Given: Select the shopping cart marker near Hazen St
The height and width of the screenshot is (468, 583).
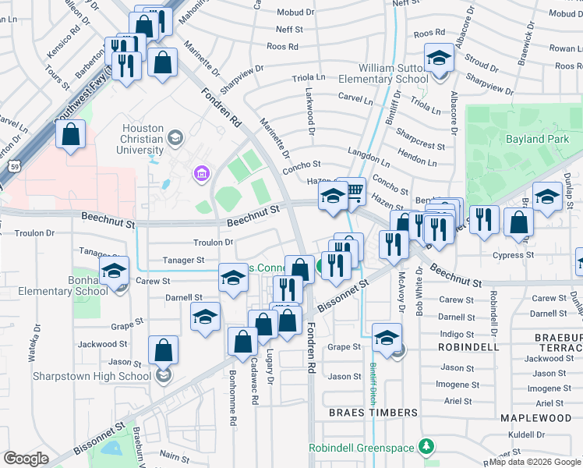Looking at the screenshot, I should pyautogui.click(x=354, y=190).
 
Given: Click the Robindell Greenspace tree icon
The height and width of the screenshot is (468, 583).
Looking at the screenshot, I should pyautogui.click(x=426, y=447).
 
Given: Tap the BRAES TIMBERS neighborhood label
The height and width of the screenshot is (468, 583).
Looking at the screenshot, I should pyautogui.click(x=373, y=412).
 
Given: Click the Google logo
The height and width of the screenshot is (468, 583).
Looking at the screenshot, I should pyautogui.click(x=26, y=459).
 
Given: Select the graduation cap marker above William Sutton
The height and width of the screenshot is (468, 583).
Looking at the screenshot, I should pyautogui.click(x=439, y=58).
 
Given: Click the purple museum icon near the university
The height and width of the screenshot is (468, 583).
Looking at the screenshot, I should pyautogui.click(x=201, y=172).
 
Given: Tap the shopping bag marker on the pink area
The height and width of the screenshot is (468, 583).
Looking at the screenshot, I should pyautogui.click(x=70, y=134).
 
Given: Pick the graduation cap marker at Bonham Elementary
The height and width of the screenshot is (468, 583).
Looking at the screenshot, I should pyautogui.click(x=115, y=272).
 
